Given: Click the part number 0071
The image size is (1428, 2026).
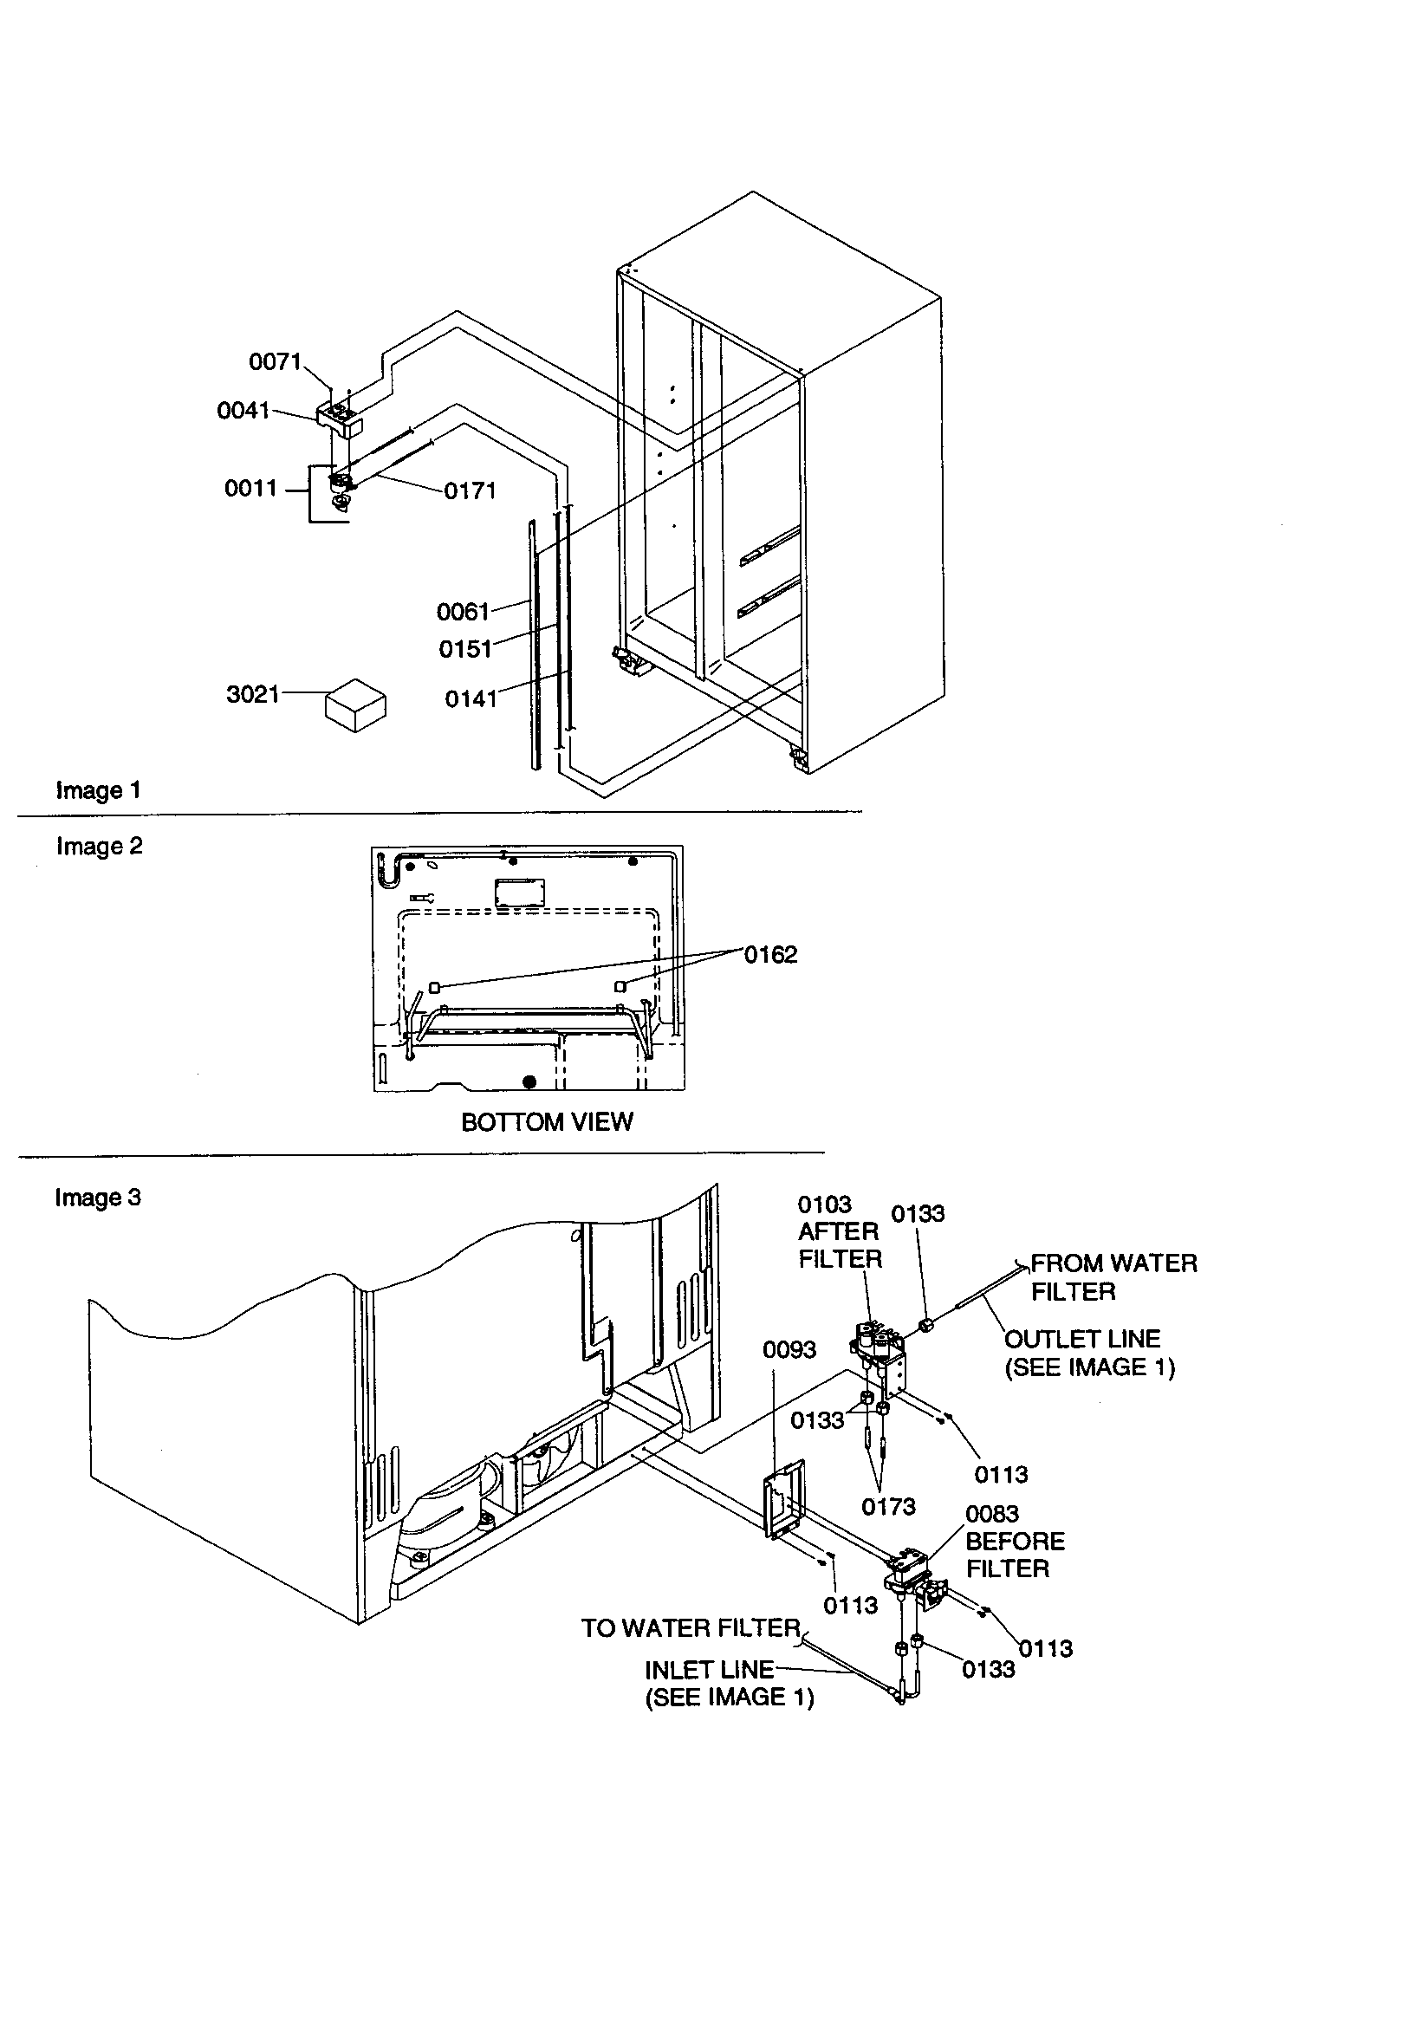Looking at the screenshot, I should pyautogui.click(x=275, y=362).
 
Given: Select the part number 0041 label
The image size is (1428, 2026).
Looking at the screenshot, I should pyautogui.click(x=243, y=411).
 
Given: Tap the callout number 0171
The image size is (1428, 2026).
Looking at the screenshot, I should pyautogui.click(x=470, y=491).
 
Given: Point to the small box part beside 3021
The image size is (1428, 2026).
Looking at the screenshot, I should pyautogui.click(x=355, y=705).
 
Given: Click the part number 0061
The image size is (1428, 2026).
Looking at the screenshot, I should pyautogui.click(x=463, y=612).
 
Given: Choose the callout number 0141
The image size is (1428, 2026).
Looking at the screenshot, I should pyautogui.click(x=471, y=698).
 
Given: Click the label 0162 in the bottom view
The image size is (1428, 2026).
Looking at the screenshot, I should pyautogui.click(x=769, y=955).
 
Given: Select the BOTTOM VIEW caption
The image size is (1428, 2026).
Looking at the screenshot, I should pyautogui.click(x=546, y=1122).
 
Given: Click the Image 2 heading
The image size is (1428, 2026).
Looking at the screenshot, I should pyautogui.click(x=99, y=847).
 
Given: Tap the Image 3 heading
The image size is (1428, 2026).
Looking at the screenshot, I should pyautogui.click(x=97, y=1198).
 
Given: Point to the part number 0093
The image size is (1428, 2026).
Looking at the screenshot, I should pyautogui.click(x=789, y=1350).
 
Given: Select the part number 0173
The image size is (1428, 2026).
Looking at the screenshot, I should pyautogui.click(x=888, y=1507).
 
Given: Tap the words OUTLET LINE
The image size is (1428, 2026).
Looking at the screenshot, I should pyautogui.click(x=1082, y=1339).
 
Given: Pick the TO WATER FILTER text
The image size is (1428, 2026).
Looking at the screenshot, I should pyautogui.click(x=690, y=1628).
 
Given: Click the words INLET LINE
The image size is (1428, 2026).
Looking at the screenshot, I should pyautogui.click(x=709, y=1670).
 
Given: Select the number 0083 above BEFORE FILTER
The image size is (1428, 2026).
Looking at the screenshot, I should pyautogui.click(x=992, y=1514).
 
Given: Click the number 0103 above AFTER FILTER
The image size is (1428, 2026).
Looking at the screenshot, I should pyautogui.click(x=824, y=1205).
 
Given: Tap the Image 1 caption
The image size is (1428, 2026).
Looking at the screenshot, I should pyautogui.click(x=98, y=790).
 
